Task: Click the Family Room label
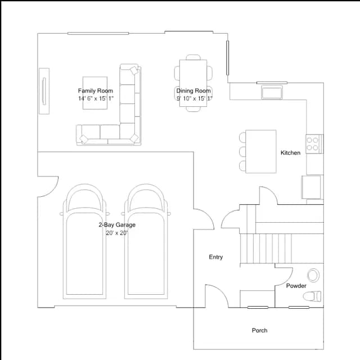(96, 91)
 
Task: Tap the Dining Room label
(193, 91)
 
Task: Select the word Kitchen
(290, 152)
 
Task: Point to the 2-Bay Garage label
(117, 225)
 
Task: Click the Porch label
(259, 330)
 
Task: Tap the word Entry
(216, 257)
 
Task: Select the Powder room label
(296, 286)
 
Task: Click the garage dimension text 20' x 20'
(116, 233)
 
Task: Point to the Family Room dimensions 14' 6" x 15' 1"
(96, 98)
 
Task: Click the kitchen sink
(272, 92)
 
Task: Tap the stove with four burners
(314, 144)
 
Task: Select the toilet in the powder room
(312, 296)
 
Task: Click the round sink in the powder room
(313, 275)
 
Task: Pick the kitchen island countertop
(261, 151)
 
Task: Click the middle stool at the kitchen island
(242, 151)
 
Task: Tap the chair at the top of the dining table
(193, 57)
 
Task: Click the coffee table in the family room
(95, 93)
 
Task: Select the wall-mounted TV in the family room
(44, 91)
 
